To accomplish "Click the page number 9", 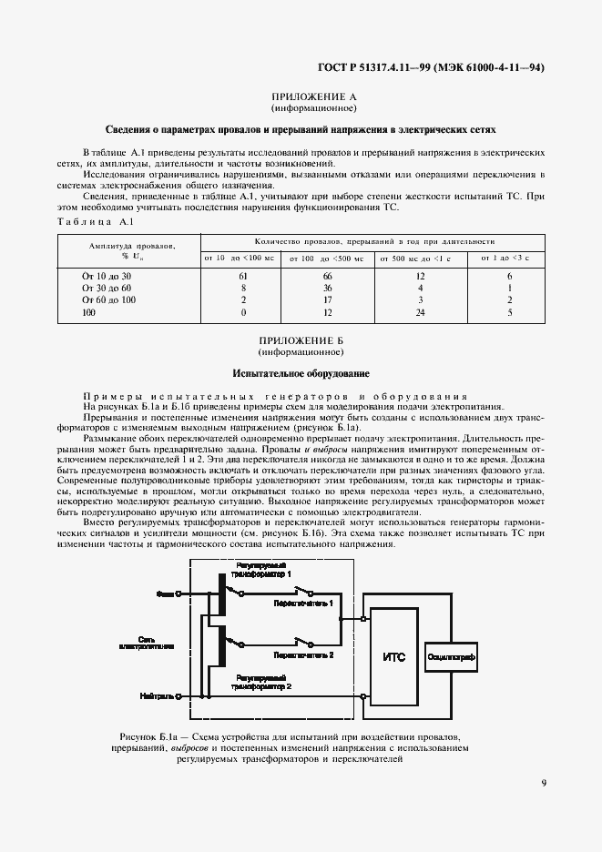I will pyautogui.click(x=543, y=781).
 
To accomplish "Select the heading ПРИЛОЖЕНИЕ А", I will pyautogui.click(x=312, y=96).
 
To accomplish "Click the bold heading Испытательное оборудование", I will pyautogui.click(x=301, y=373).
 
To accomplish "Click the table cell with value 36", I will pyautogui.click(x=327, y=287).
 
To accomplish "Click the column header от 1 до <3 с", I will pyautogui.click(x=509, y=259).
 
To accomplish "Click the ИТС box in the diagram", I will pyautogui.click(x=393, y=655).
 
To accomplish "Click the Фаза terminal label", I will pyautogui.click(x=166, y=593).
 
